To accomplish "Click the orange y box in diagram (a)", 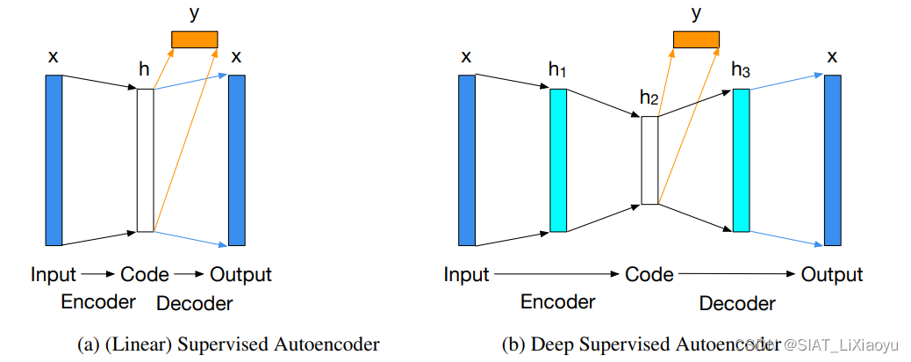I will [x=194, y=40].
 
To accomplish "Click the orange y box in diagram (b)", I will [x=695, y=40].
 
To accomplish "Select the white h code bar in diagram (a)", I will [x=145, y=160].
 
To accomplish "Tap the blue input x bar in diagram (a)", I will [x=54, y=160].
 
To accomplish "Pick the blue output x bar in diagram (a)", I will [x=236, y=160].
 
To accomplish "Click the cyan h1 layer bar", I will [x=558, y=160].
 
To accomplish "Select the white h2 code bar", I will [x=649, y=160].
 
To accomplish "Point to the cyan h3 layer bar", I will [x=741, y=160].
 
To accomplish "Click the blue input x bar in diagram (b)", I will [x=466, y=160].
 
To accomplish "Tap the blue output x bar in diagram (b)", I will [x=832, y=160].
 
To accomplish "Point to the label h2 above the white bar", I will [x=649, y=98].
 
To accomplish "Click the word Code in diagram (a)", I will [x=145, y=275].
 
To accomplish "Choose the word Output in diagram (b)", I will [x=832, y=275].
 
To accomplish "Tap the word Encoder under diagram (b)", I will [x=558, y=302].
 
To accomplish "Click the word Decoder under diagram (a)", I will [x=194, y=304].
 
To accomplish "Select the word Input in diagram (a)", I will [x=54, y=275].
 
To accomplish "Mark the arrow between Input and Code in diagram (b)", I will [x=556, y=275].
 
